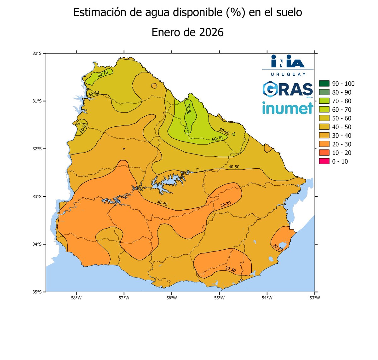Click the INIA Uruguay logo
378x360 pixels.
coord(288,65)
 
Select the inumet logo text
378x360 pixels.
coord(288,108)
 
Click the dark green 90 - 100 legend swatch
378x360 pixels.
coord(324,84)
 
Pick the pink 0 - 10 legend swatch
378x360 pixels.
coord(324,161)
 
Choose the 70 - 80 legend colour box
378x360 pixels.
coord(324,101)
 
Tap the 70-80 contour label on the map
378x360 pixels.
coord(188,108)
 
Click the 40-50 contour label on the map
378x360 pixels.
coord(234,167)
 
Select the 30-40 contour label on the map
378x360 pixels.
coord(162,203)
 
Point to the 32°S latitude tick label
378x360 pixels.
coord(37,149)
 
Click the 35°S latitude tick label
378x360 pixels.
coord(37,292)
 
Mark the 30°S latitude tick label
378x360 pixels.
coord(37,54)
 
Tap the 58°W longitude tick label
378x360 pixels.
coord(76,298)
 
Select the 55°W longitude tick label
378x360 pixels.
coord(219,298)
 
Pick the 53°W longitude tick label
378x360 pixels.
coord(314,298)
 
